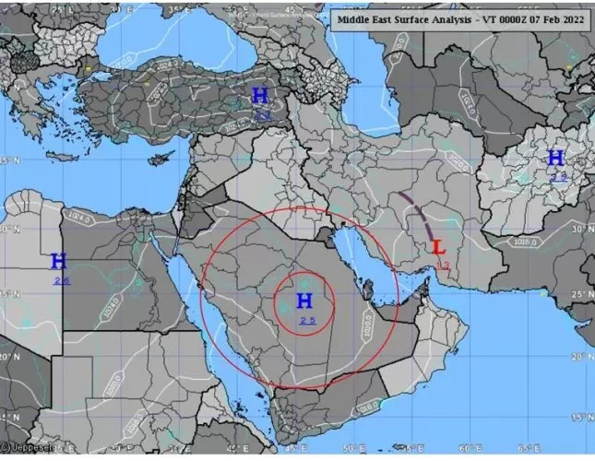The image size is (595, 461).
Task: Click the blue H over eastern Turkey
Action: [260, 96]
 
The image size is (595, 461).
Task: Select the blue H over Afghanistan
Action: [555, 157]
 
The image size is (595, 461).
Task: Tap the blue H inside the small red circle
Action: [304, 300]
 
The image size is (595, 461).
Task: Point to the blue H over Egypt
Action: [59, 261]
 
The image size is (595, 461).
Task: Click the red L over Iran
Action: [439, 247]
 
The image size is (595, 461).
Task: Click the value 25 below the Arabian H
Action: [306, 319]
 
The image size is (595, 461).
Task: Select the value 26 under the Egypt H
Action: [61, 279]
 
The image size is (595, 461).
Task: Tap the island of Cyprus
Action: [162, 156]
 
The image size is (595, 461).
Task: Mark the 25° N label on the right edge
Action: [581, 293]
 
